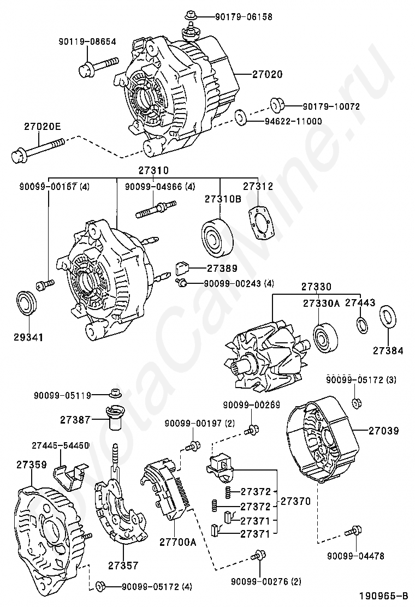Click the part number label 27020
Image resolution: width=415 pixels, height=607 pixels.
[268, 74]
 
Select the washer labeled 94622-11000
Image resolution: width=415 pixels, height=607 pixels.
[241, 118]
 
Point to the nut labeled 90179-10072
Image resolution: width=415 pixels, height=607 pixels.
[276, 104]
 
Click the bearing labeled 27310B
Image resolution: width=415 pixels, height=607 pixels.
[217, 237]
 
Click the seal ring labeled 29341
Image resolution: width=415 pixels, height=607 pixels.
[27, 303]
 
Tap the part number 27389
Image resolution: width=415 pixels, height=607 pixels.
[222, 268]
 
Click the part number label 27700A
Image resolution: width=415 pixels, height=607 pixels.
[177, 542]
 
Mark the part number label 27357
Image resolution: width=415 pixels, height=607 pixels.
[123, 566]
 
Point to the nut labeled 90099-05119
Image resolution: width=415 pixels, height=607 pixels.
[114, 393]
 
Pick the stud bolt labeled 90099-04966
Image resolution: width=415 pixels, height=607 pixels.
[156, 209]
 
